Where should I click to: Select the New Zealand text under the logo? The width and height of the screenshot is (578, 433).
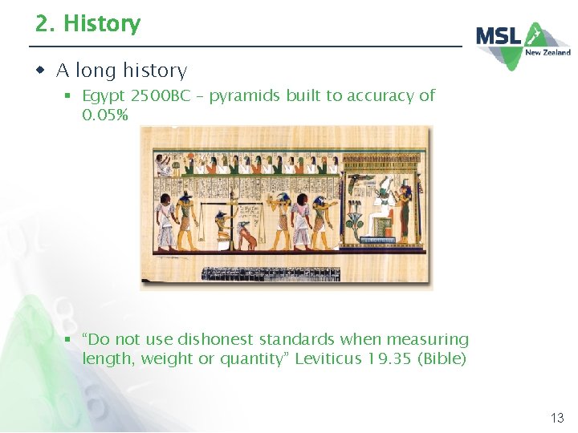point(547,53)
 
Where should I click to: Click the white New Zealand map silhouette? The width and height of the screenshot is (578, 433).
point(536,35)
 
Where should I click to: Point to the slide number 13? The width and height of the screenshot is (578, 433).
point(556,418)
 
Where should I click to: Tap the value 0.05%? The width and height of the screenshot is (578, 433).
point(105,115)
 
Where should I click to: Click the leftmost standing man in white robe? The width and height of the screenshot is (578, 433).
point(165,220)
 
